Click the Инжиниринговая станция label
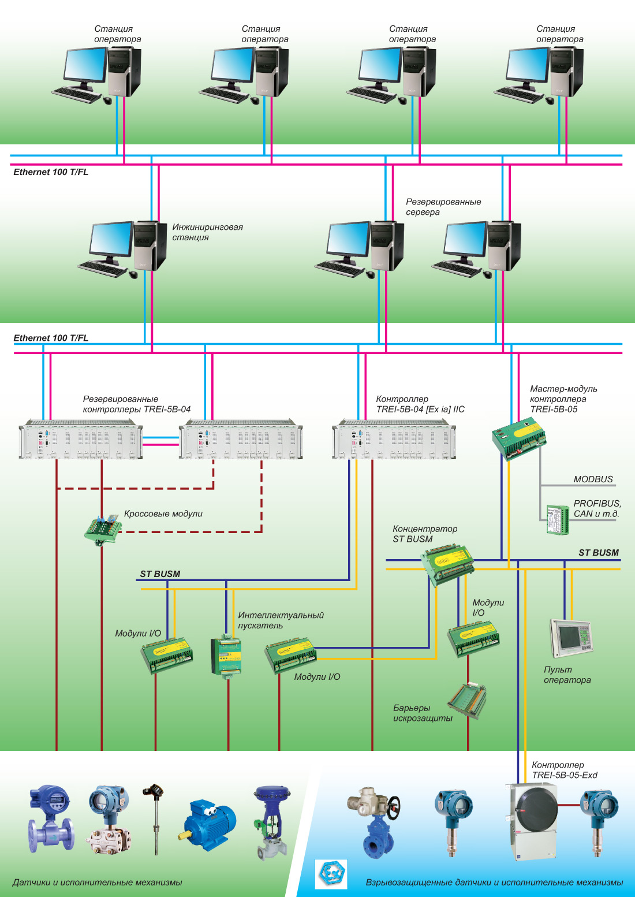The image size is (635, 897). click(x=207, y=232)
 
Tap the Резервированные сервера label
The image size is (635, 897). click(x=443, y=207)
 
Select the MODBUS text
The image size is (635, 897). click(x=593, y=479)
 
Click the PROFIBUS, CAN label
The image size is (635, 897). click(x=597, y=509)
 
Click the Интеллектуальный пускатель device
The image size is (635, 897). click(x=226, y=656)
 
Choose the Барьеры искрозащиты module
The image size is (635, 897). click(x=468, y=700)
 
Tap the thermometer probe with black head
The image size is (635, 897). click(x=155, y=817)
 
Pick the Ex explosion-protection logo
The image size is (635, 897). click(x=331, y=873)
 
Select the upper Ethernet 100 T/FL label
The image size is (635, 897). click(x=51, y=172)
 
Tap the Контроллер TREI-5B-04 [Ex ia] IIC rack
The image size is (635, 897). click(x=394, y=440)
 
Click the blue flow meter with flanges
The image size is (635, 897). click(x=52, y=818)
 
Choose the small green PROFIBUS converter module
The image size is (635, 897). click(x=557, y=519)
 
